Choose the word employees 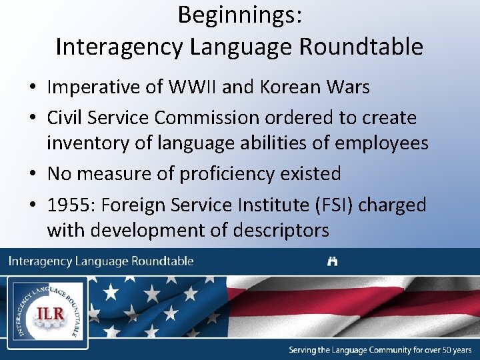pos(381,143)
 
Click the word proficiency pos(220,174)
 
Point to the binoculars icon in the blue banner pos(332,261)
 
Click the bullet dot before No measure pos(33,175)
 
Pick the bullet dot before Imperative pos(33,88)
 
